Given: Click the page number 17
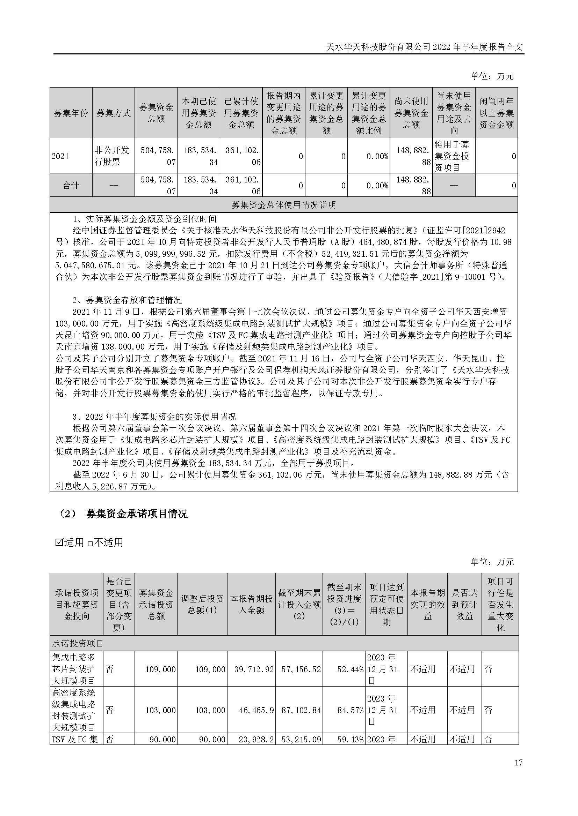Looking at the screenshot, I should click(519, 772).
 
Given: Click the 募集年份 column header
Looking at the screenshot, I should click(71, 113).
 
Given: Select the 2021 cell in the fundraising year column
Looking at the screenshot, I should click(60, 156).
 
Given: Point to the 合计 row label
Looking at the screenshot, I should click(71, 186).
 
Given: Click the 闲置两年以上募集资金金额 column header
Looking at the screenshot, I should click(496, 113).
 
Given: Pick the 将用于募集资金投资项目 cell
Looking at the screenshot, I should click(454, 156).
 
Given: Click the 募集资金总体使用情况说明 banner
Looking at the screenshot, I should click(284, 205).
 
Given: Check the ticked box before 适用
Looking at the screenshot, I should click(59, 542).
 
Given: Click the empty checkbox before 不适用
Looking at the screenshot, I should click(90, 543).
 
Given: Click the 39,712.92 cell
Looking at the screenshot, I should click(254, 669).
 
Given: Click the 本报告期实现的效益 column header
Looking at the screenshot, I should click(427, 604).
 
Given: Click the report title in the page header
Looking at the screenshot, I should click(425, 47).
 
